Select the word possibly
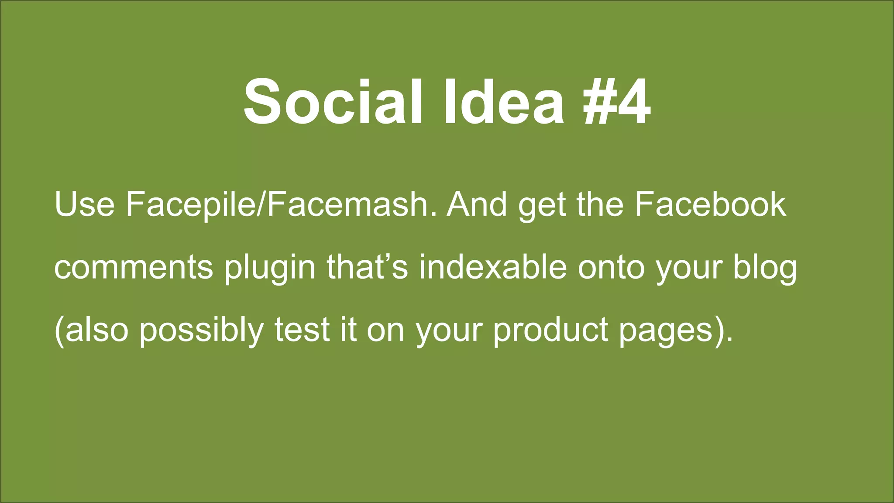click(201, 331)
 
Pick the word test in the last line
click(302, 330)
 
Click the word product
click(550, 331)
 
